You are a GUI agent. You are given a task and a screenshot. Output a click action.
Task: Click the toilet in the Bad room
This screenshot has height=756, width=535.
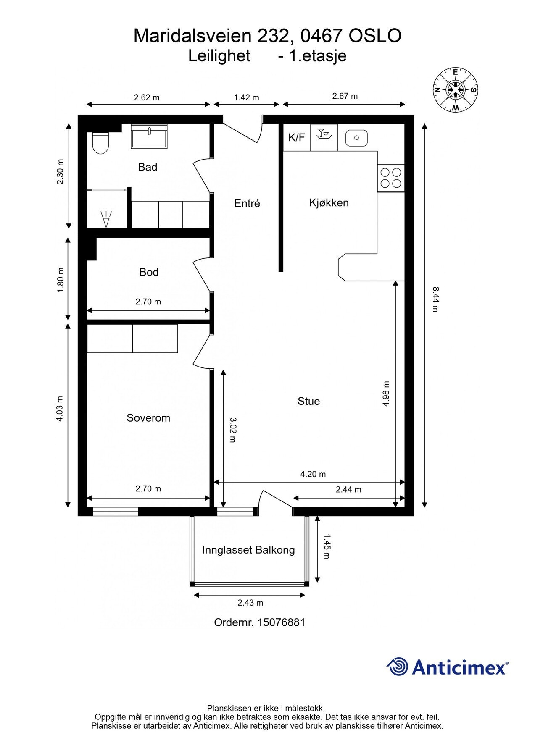(x=100, y=143)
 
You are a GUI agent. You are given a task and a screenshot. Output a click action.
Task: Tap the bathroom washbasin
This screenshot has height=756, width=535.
(x=149, y=136)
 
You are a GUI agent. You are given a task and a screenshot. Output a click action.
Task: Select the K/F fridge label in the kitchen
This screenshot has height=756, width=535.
(x=297, y=137)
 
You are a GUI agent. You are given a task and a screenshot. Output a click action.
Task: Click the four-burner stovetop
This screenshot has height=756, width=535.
(x=391, y=178)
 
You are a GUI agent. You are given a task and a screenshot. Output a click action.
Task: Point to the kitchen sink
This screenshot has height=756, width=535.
(x=356, y=138)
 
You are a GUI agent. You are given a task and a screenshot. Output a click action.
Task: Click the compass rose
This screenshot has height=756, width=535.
(x=455, y=90)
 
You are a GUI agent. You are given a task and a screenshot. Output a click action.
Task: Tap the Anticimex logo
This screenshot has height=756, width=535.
(x=448, y=667)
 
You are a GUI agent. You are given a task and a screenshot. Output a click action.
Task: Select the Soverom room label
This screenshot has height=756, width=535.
(x=148, y=418)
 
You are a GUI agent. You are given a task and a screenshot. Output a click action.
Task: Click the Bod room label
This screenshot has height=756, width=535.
(x=149, y=272)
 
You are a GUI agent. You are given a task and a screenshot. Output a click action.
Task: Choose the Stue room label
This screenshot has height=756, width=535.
(x=309, y=401)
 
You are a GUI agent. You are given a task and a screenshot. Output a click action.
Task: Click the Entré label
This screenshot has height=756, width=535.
(x=247, y=203)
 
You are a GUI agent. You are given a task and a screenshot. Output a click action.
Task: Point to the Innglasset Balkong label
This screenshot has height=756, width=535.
(x=248, y=550)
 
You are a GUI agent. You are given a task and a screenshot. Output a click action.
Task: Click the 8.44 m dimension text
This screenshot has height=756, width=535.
(x=435, y=299)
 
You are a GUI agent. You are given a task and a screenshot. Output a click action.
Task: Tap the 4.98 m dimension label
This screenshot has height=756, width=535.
(x=386, y=394)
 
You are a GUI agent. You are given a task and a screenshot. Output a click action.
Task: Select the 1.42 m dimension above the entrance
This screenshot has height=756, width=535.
(x=247, y=97)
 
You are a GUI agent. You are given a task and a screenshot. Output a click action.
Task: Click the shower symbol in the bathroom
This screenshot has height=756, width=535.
(x=106, y=218)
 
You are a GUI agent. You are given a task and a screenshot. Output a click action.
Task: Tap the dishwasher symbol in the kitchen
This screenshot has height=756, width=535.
(x=324, y=134)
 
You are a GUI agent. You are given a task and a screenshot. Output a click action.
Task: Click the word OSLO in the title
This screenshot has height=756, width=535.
(x=375, y=36)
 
